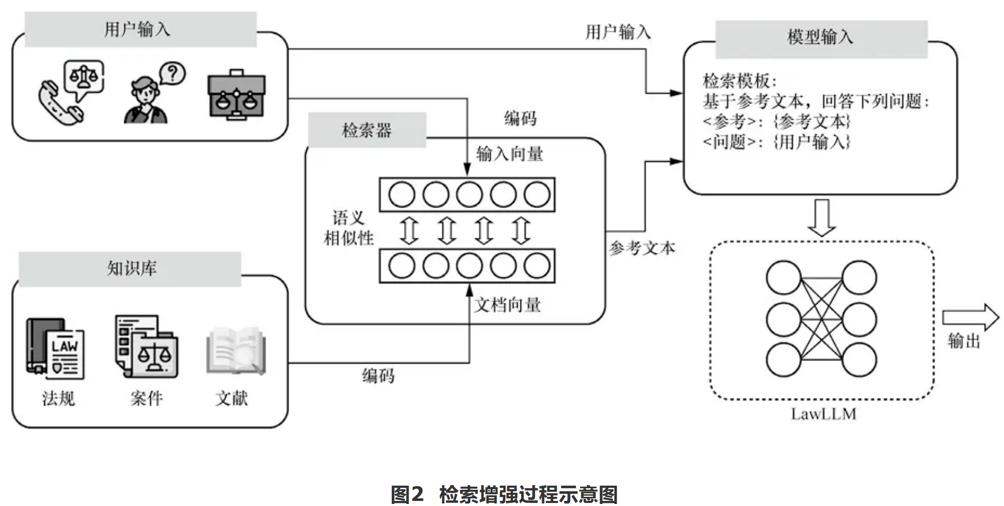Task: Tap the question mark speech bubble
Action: click(x=173, y=74)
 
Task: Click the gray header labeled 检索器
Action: click(x=367, y=130)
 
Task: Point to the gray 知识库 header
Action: click(x=130, y=269)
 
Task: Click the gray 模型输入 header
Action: click(x=821, y=38)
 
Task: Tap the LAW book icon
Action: click(x=56, y=349)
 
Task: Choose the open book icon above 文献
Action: click(x=236, y=351)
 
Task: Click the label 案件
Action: click(x=147, y=398)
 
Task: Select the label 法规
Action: click(x=59, y=398)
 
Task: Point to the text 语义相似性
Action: click(x=349, y=228)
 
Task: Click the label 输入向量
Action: click(x=510, y=153)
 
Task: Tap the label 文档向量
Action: click(x=508, y=305)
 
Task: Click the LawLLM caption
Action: click(x=824, y=414)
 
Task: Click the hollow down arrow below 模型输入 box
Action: click(x=822, y=218)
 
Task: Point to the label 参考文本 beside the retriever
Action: click(x=642, y=248)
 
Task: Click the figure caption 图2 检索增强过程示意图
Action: click(x=504, y=494)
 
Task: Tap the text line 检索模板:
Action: click(x=740, y=80)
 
